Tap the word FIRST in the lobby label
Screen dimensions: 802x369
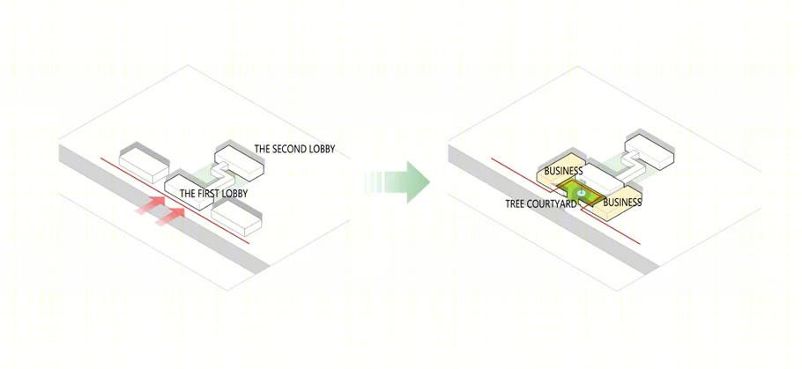208,194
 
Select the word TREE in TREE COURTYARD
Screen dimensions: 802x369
514,204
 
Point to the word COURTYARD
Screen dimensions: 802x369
552,204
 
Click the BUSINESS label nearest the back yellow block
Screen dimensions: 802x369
564,171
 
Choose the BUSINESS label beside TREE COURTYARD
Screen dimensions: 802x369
622,203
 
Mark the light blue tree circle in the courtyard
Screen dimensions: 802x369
581,193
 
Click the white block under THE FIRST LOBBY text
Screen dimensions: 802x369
189,192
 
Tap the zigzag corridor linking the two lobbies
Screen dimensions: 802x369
222,173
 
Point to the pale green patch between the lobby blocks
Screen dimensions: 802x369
207,177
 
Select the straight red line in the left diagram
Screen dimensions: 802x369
175,201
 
